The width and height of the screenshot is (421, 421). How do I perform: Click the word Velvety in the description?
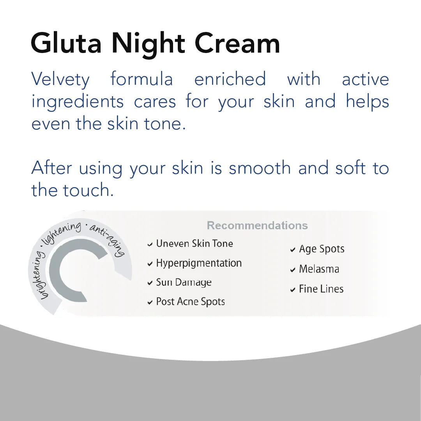60,80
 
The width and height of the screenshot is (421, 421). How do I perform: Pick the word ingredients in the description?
77,102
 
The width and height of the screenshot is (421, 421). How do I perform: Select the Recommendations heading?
257,225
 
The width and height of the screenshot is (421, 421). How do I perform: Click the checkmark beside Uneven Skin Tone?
150,245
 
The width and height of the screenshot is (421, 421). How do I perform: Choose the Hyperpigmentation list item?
199,264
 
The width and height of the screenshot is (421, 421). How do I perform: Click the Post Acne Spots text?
190,302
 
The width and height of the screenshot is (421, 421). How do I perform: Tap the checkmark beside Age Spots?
293,250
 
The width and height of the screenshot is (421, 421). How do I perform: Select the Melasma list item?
319,269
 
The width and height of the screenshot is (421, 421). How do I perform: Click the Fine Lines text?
321,289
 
